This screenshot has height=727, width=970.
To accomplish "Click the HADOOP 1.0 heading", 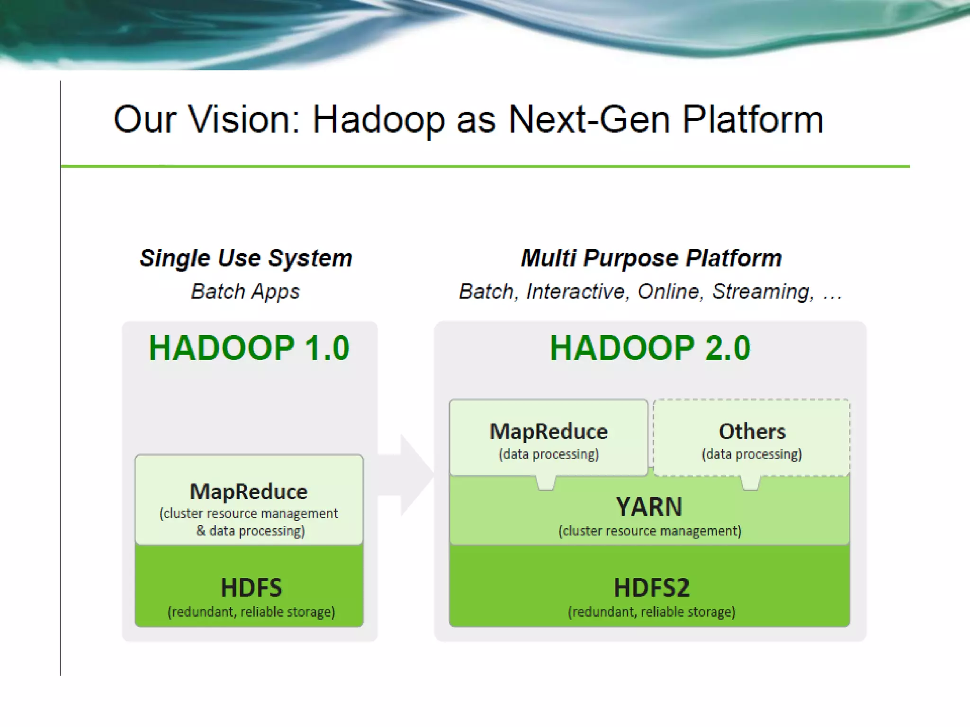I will coord(249,348).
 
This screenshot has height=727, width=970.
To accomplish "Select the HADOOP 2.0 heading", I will coord(650,348).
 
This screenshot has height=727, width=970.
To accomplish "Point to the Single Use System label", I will coord(246,258).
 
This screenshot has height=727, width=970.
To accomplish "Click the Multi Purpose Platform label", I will coord(651,258).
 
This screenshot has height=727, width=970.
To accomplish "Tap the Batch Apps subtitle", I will coord(245,291).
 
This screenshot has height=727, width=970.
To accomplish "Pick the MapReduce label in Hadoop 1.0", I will coord(249,491).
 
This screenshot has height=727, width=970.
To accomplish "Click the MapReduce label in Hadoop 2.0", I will coord(548,431).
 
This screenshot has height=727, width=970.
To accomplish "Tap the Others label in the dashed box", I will coord(752,431).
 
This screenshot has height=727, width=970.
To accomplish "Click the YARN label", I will coord(649,506).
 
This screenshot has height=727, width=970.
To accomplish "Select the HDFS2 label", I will coord(651,588).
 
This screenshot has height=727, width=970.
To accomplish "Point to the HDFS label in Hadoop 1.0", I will coord(251,588).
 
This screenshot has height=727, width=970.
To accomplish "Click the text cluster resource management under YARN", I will coord(650,531).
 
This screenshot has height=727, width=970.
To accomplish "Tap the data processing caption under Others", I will coord(752,454).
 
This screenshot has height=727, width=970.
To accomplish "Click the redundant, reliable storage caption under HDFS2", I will coord(652,612).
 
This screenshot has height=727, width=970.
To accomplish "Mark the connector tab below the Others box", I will coord(750,483).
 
